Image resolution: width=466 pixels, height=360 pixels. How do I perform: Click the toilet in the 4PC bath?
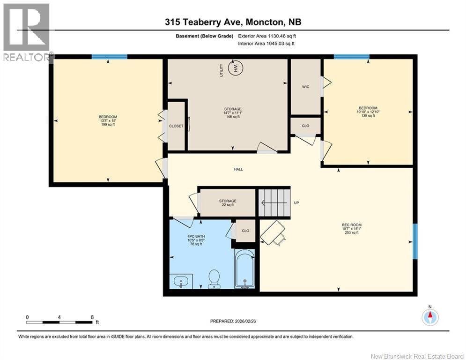214,278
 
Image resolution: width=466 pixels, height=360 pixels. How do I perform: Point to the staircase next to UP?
274,202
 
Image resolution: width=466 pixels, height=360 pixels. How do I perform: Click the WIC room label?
305,87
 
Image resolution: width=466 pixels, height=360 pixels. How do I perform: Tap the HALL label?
239,169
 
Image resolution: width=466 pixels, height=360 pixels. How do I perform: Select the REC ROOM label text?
351,228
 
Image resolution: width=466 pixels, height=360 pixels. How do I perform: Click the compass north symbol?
429,317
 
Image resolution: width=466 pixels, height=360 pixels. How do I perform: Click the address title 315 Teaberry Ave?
233,22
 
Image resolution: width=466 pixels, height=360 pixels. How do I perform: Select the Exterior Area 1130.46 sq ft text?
267,36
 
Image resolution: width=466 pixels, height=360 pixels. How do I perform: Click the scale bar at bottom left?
59,322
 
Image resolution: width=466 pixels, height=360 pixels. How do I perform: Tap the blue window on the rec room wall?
414,241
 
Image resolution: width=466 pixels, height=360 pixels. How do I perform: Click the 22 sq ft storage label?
228,203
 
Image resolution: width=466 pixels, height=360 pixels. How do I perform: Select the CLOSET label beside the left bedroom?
176,126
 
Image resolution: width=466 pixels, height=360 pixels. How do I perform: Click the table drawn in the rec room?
272,233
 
